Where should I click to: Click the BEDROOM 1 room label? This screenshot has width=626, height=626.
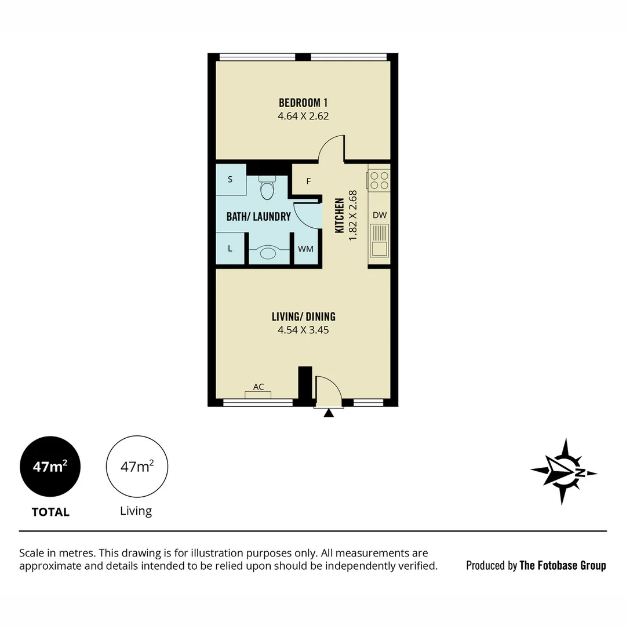(303, 103)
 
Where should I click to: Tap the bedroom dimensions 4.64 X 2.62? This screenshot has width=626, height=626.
(303, 116)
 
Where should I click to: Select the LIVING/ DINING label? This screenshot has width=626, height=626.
(303, 316)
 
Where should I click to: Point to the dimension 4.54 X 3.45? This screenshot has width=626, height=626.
(303, 330)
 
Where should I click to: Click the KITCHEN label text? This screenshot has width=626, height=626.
(340, 216)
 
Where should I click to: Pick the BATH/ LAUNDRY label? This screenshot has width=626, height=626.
(258, 217)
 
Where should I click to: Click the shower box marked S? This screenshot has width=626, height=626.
(230, 180)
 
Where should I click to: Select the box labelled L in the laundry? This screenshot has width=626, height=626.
(230, 249)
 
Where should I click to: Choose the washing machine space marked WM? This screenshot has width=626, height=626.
(305, 249)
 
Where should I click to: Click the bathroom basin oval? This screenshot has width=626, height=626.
(268, 253)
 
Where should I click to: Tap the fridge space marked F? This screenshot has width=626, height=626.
(308, 181)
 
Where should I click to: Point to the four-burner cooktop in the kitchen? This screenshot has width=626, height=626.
(379, 180)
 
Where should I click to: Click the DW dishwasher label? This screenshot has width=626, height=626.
(379, 215)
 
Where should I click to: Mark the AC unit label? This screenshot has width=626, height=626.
(259, 387)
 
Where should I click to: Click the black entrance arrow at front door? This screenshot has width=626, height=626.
(329, 413)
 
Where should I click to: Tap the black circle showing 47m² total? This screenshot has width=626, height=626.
(50, 466)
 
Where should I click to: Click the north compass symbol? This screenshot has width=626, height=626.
(563, 471)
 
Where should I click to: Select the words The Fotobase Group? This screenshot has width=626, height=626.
(562, 565)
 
